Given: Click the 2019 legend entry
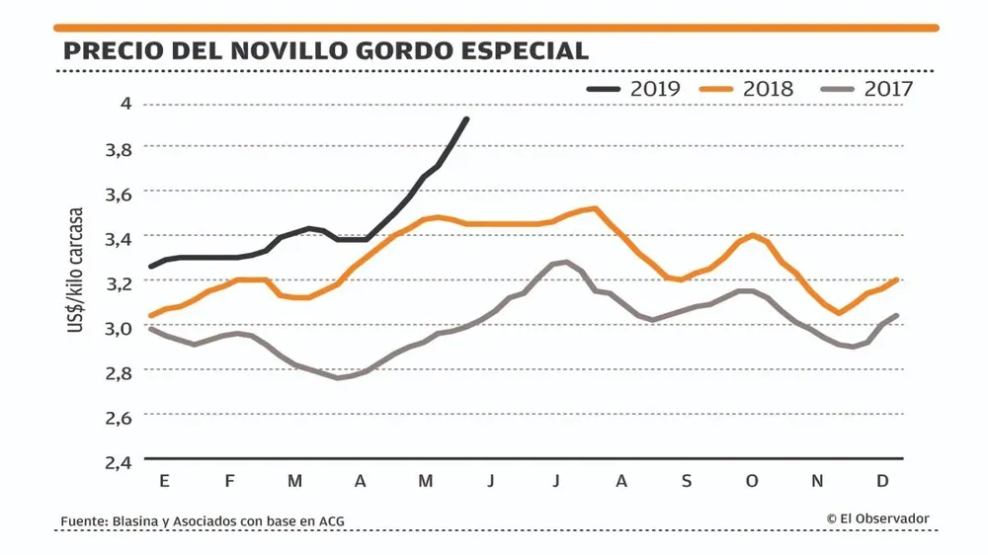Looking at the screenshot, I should click(635, 88).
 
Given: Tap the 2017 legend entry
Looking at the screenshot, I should click(867, 88).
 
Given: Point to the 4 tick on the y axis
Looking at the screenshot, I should click(125, 104).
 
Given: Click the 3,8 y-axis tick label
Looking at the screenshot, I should click(119, 149).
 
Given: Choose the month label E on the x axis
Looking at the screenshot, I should click(163, 481).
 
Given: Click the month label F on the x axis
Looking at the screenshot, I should click(229, 481).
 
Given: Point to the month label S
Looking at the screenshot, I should click(687, 481).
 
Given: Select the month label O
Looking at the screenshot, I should click(752, 481).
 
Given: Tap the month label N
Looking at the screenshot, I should click(817, 481).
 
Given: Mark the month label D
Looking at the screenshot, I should click(883, 481).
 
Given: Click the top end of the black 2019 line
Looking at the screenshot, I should click(466, 119).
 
